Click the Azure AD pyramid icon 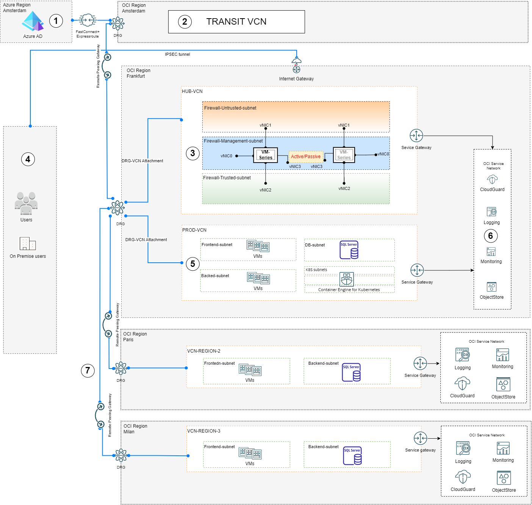coord(33,21)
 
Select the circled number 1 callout coord(56,20)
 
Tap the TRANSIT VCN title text coord(236,22)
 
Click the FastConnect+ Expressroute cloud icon coord(88,20)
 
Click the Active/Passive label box coord(305,157)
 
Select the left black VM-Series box coord(265,155)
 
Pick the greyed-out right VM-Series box coord(344,155)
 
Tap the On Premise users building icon coord(28,243)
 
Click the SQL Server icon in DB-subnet coord(349,250)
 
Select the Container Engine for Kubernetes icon coord(347,279)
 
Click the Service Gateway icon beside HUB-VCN coord(416,135)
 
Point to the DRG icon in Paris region coord(120,368)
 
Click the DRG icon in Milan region coord(120,455)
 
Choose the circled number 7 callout coord(88,370)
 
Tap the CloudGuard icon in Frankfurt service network coord(492,179)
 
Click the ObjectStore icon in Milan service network coord(504,478)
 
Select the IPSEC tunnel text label coord(177,55)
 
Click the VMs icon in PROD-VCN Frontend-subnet coord(258,246)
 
